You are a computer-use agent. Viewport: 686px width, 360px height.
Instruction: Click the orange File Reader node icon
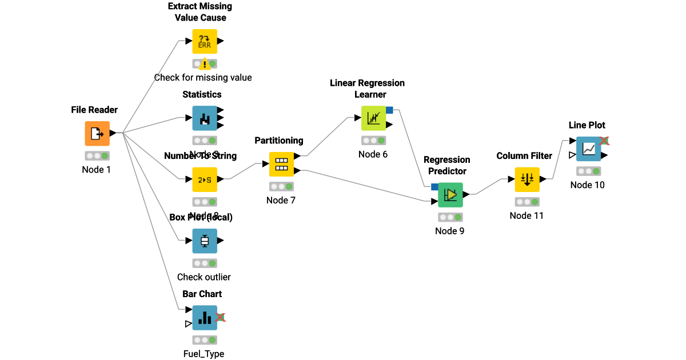pos(97,133)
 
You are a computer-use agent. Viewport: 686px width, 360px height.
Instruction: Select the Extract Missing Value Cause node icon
pos(205,41)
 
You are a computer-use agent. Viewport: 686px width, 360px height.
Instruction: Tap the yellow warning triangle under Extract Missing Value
pos(205,65)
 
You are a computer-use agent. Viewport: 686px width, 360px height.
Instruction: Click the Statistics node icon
pos(205,118)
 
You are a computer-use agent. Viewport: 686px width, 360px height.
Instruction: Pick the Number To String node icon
pos(205,179)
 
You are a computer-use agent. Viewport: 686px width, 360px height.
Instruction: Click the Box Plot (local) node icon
pos(205,241)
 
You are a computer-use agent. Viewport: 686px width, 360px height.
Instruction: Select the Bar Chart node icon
pos(205,318)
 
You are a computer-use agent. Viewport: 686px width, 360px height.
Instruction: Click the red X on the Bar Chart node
pos(221,318)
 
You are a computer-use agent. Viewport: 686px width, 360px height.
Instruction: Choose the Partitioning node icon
pos(281,164)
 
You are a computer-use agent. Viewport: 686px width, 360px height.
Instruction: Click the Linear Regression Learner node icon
pos(373,118)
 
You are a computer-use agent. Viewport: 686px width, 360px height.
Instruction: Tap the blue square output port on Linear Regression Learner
pos(389,110)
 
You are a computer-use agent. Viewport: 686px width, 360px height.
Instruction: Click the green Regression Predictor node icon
pos(450,195)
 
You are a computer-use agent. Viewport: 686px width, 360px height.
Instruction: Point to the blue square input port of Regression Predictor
pos(434,186)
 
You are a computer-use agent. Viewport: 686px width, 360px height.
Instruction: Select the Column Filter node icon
pos(527,179)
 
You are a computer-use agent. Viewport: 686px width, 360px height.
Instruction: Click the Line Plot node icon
pos(588,149)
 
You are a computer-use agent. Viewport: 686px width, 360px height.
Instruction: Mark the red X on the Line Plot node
pos(604,141)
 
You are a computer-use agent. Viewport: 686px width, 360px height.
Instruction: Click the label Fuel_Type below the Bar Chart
pos(204,354)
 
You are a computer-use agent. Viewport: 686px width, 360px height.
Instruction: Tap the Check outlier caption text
pos(204,277)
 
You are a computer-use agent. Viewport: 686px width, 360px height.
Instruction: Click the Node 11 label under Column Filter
pos(527,215)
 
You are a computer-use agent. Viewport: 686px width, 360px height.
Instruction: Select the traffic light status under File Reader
pos(97,155)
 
